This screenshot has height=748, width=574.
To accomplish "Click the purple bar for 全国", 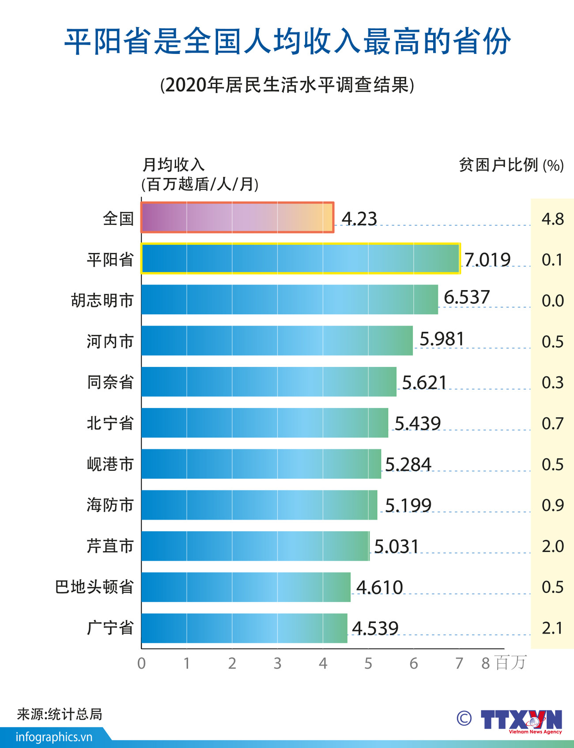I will click(237, 217).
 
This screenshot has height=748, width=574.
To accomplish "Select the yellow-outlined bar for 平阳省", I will click(300, 258).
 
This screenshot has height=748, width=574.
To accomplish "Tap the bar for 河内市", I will click(277, 340).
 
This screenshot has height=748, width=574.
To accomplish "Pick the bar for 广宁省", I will click(244, 628).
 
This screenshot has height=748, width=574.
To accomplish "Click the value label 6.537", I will click(467, 297).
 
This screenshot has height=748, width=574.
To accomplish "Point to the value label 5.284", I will click(408, 464).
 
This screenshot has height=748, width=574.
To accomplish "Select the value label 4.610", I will click(379, 587).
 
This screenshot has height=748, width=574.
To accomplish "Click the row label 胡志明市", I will click(102, 300).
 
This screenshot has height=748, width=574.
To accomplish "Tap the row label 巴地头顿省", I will click(94, 587).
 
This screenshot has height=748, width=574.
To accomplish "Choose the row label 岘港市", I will click(110, 464).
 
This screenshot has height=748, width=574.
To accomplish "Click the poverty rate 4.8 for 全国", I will click(552, 219).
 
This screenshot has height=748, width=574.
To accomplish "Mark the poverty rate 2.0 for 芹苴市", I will click(552, 546).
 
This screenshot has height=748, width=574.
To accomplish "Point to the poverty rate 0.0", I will click(552, 301).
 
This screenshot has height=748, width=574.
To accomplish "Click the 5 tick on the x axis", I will click(368, 663).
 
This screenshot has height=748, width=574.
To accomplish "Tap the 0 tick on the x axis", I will click(141, 663).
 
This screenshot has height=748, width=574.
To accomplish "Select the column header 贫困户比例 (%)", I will click(511, 165).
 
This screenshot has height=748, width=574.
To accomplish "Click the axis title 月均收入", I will click(173, 165).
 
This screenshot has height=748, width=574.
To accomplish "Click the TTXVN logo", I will click(521, 720).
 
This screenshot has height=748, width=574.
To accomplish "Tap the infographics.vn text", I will click(54, 737).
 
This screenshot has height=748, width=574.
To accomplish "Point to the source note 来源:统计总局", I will click(60, 714).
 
